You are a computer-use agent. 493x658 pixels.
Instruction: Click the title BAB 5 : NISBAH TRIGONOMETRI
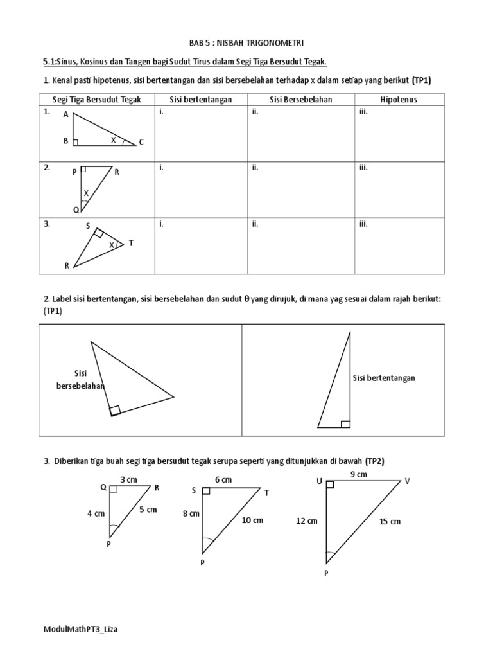(x=246, y=42)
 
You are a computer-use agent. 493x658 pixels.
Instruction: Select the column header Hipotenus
(x=398, y=100)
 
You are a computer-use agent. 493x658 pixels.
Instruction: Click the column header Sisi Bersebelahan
(x=300, y=100)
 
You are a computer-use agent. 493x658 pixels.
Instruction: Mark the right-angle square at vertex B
(x=76, y=142)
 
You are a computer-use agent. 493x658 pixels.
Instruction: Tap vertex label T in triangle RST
(x=131, y=243)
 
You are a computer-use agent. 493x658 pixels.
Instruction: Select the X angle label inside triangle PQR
(x=85, y=193)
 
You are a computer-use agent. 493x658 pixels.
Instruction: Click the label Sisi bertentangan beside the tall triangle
(x=384, y=378)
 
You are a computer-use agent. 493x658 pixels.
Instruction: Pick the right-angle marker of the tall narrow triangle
(x=345, y=423)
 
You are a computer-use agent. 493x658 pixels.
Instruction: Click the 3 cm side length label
(x=129, y=479)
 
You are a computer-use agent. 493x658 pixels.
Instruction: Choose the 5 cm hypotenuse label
(x=148, y=510)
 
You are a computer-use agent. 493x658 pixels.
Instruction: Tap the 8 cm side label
(x=190, y=514)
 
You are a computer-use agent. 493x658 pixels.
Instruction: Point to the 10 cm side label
(x=252, y=520)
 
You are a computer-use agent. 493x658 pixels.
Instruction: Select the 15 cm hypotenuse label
(x=390, y=522)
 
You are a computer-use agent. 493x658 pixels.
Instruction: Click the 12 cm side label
(x=307, y=521)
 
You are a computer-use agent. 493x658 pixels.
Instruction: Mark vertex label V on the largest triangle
(x=406, y=481)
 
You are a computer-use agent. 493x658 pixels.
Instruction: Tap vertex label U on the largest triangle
(x=319, y=481)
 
